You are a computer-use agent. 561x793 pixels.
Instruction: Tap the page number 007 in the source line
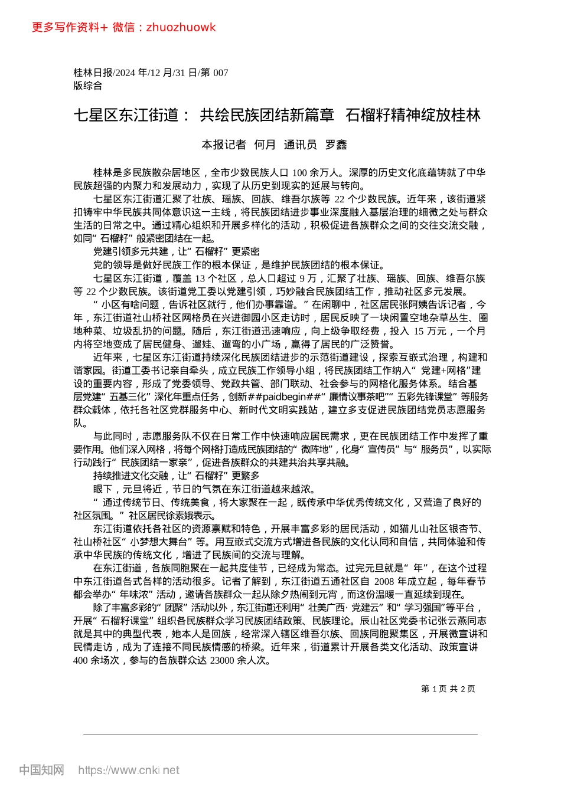(x=220, y=73)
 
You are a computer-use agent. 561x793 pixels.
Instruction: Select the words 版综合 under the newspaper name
(x=88, y=86)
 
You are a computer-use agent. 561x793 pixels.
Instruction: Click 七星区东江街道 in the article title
(x=126, y=115)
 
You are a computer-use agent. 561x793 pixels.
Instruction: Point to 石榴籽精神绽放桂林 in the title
(x=413, y=115)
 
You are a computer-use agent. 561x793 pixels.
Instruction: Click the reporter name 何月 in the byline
(x=265, y=145)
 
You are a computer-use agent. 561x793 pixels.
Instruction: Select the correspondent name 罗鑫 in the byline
(x=336, y=145)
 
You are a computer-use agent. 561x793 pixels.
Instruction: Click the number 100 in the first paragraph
(x=299, y=173)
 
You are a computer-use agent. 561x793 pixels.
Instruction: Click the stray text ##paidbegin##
(x=285, y=396)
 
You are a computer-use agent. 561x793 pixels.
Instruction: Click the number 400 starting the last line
(x=81, y=660)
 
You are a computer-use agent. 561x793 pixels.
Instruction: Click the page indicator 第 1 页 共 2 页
(x=448, y=689)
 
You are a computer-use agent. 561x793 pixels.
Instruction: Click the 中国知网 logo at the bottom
(x=41, y=770)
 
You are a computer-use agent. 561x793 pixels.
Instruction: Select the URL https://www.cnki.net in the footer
(x=129, y=770)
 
